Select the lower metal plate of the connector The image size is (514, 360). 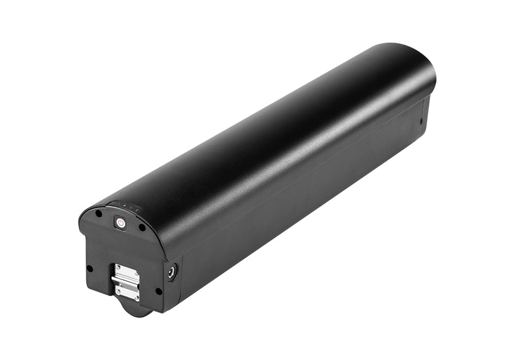[127, 291]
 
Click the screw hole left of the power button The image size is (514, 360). [98, 214]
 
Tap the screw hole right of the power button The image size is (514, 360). [142, 227]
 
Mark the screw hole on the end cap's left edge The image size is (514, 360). [89, 268]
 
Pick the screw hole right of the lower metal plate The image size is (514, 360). [158, 291]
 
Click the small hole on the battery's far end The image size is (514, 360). [421, 121]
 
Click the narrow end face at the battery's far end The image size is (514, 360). [425, 114]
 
